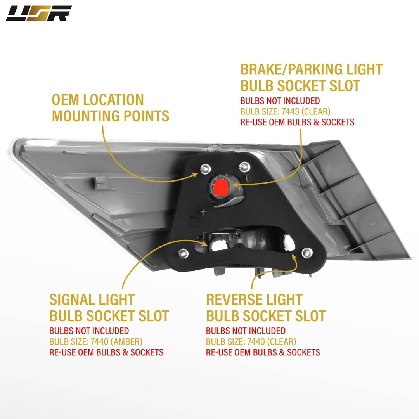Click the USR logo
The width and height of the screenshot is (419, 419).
pyautogui.click(x=38, y=13)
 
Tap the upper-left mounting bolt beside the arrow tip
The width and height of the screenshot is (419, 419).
pyautogui.click(x=205, y=168)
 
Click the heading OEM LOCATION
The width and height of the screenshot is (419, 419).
pyautogui.click(x=98, y=100)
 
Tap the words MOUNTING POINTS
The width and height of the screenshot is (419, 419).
pyautogui.click(x=111, y=116)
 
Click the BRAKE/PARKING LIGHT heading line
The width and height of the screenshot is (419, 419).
pyautogui.click(x=312, y=69)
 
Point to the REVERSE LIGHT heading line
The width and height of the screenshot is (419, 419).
pyautogui.click(x=254, y=300)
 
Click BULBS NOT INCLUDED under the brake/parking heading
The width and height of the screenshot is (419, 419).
pyautogui.click(x=280, y=101)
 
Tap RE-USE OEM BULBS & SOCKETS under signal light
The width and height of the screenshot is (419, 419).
pyautogui.click(x=106, y=352)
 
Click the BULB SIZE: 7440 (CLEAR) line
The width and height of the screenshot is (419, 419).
pyautogui.click(x=251, y=342)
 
